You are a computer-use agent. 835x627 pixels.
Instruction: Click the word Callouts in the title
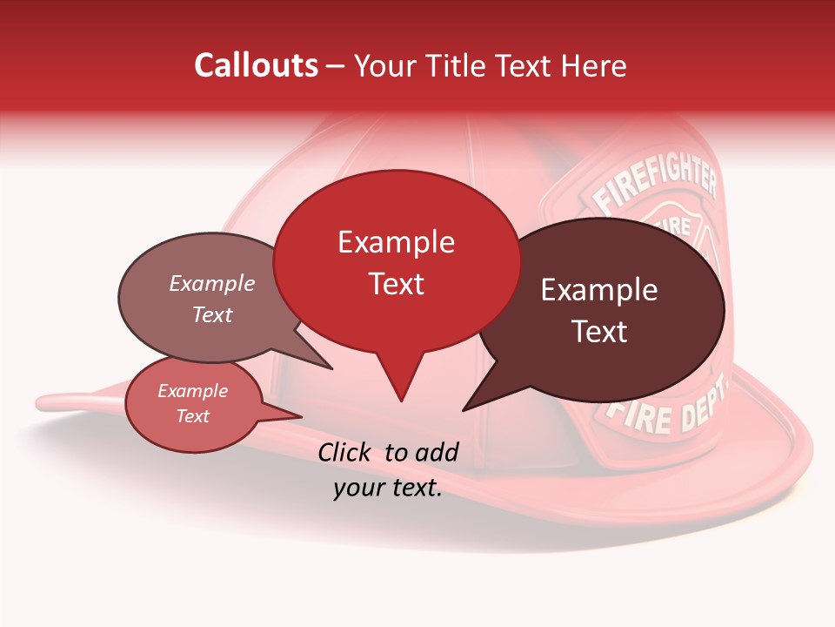[256, 65]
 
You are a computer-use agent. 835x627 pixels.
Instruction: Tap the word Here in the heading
[592, 65]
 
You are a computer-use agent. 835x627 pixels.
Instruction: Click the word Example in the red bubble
[396, 242]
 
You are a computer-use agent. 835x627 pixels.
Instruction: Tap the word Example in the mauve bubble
[212, 284]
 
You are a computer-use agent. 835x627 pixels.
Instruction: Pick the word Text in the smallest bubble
[193, 416]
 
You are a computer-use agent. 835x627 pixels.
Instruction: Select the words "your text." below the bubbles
[388, 489]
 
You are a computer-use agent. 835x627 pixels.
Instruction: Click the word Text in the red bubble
[397, 284]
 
